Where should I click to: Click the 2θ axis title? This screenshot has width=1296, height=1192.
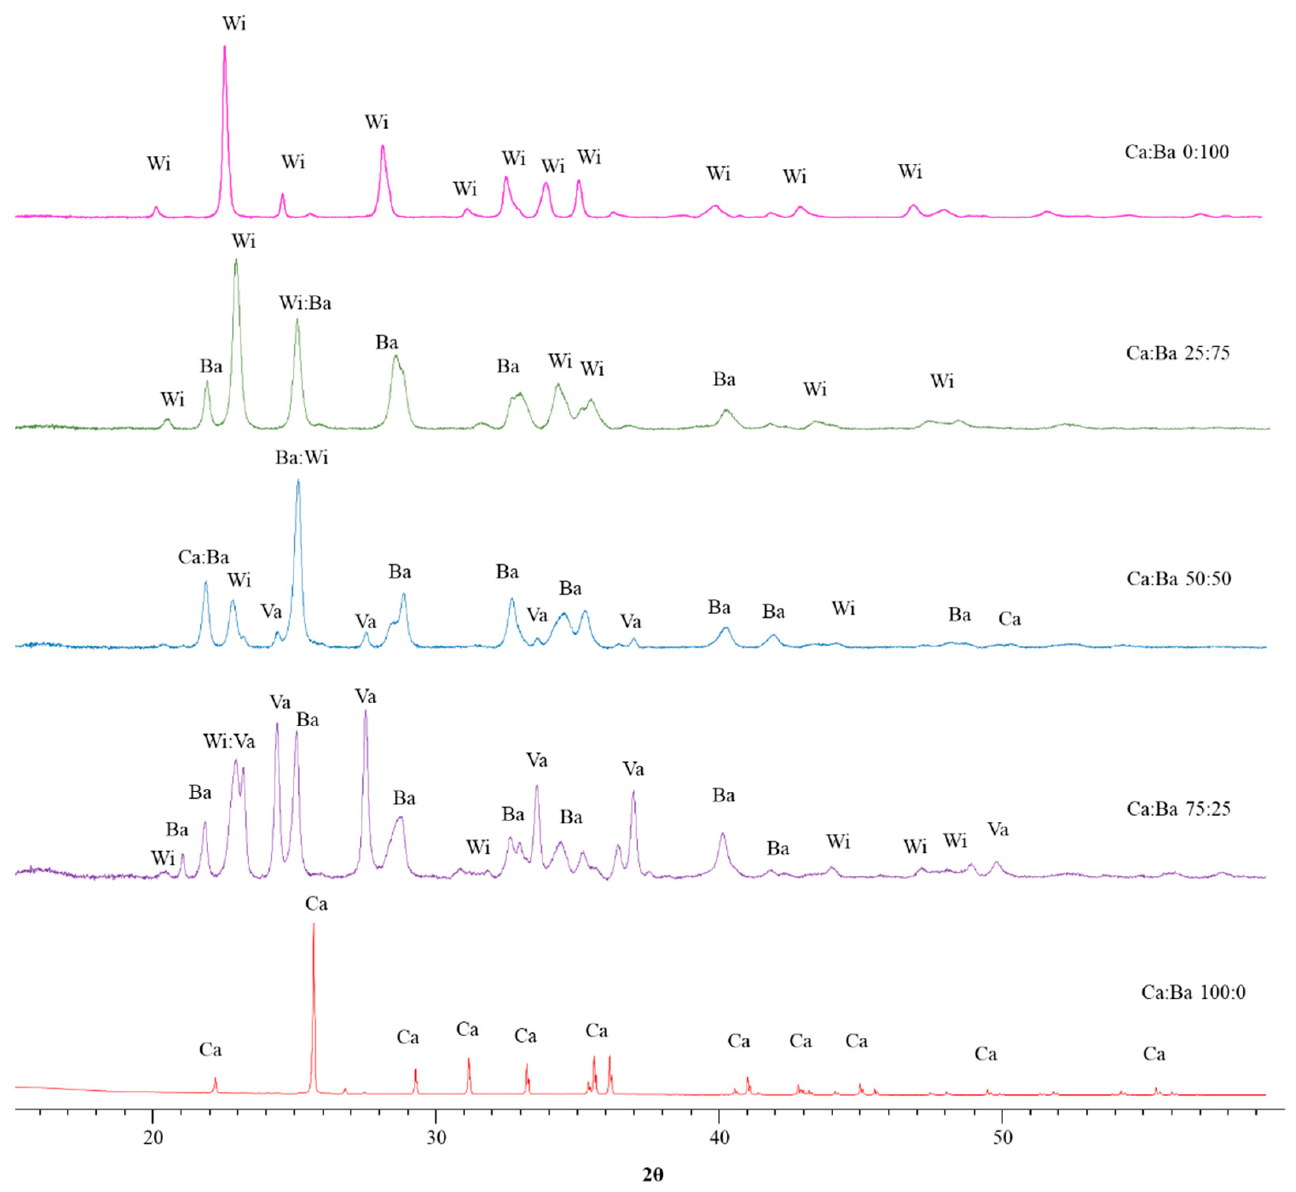[652, 1175]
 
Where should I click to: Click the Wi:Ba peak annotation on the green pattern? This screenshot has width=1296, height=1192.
[305, 303]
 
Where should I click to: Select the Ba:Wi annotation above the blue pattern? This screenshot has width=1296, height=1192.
[302, 458]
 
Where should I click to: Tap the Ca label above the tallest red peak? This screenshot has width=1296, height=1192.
[316, 904]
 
